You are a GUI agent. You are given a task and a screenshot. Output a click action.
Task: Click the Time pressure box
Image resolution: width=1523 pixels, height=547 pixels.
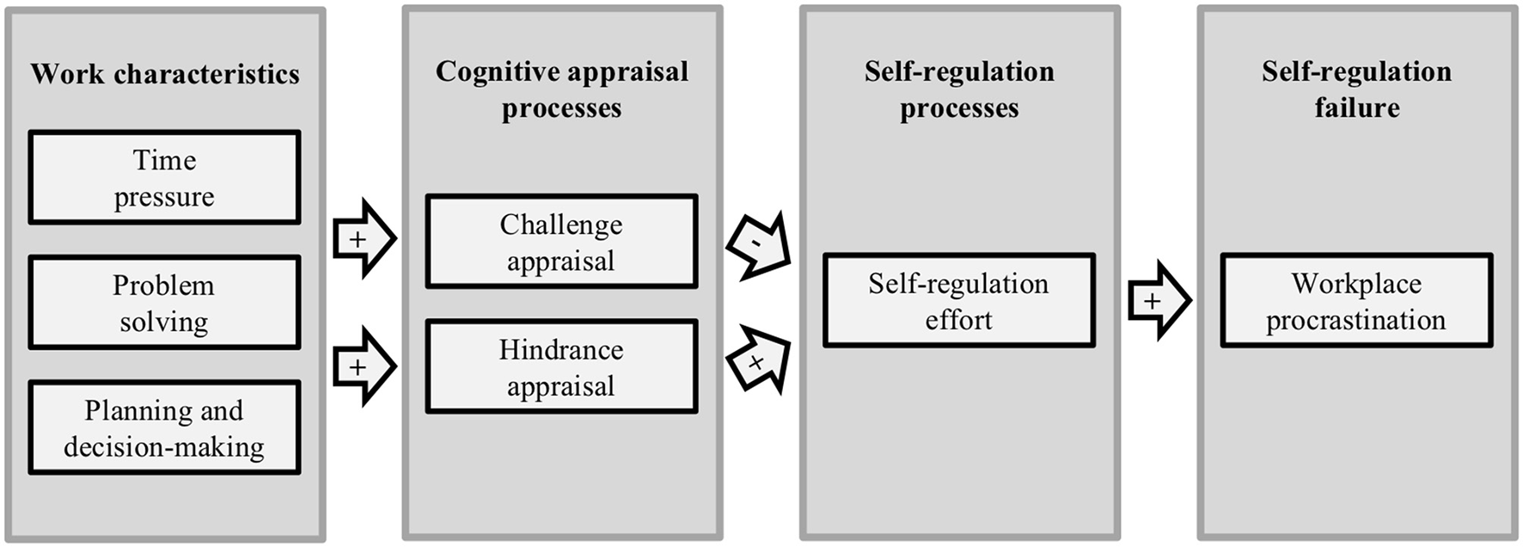coord(164,177)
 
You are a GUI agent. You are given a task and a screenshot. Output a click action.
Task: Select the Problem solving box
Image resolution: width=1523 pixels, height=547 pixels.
coord(164,302)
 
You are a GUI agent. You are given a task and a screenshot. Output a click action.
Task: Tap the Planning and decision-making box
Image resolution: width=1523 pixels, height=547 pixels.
coord(164,427)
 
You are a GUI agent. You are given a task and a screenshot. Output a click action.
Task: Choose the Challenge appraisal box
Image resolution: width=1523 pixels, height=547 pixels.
coord(561,242)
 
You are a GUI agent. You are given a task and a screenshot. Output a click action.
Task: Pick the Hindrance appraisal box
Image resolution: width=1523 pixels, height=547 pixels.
coord(561,366)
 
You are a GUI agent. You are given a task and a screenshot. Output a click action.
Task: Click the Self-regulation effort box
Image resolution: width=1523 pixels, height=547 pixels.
coord(958,300)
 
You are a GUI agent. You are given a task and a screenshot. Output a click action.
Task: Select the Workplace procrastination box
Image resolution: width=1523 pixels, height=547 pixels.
coord(1356,300)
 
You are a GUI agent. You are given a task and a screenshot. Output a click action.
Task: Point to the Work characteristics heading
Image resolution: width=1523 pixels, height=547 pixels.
coord(165,74)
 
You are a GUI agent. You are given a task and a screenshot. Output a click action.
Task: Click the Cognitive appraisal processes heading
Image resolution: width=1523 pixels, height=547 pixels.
coord(562,89)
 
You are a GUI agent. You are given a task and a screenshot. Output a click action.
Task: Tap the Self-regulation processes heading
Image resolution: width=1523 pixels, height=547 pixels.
coord(959,89)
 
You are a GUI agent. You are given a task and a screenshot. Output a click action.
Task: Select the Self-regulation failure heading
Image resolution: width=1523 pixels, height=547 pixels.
coord(1357,89)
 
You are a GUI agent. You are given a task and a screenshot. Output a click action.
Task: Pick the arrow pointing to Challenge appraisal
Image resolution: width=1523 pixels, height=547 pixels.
coord(364,238)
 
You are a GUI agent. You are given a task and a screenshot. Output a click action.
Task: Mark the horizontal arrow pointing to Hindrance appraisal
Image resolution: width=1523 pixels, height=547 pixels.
coord(364,366)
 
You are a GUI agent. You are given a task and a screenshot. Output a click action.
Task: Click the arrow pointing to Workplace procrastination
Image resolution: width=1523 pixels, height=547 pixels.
coord(1158,300)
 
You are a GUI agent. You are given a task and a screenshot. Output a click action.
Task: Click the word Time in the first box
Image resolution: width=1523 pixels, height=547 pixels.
coord(164,160)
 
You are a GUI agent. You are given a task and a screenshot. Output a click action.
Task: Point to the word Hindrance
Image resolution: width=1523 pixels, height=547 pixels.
coord(561,350)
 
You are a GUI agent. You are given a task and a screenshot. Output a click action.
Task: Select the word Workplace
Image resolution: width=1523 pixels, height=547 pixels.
coord(1356,283)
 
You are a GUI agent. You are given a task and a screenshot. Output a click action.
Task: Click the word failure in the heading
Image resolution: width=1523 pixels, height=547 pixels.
coord(1357,108)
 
